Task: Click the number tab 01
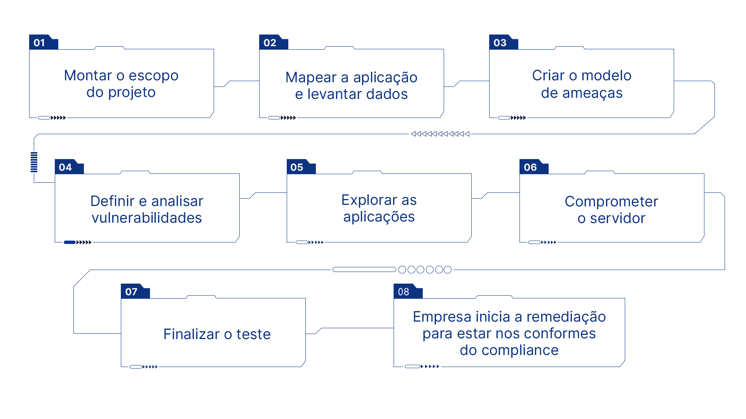click(44, 42)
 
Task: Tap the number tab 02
click(274, 42)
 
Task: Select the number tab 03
click(504, 42)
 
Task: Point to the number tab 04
click(69, 167)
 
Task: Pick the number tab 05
click(301, 167)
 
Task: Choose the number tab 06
click(534, 167)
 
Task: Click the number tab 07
click(135, 291)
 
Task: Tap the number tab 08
click(408, 291)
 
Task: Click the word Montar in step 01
click(88, 75)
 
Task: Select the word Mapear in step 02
click(311, 78)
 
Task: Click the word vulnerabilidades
click(147, 218)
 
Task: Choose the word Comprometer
click(612, 202)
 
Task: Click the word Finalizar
click(192, 334)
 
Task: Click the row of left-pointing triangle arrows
click(440, 134)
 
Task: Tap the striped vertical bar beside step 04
click(34, 162)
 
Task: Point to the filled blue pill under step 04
click(70, 242)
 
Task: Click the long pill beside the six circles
click(364, 270)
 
